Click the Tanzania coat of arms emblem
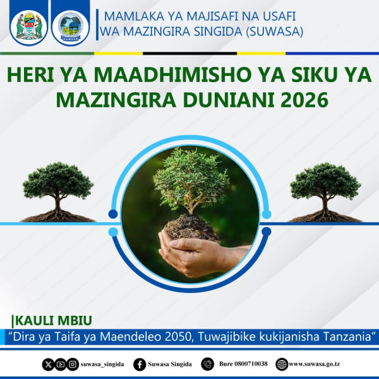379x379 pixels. tap(29, 27)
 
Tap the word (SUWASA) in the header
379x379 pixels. tap(275, 32)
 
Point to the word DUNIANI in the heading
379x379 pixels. tap(229, 100)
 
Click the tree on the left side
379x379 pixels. tap(57, 192)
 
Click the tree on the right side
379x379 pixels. tap(325, 192)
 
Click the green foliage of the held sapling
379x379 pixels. tap(191, 178)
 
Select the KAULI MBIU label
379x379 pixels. tap(52, 320)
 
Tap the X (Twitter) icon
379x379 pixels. tap(48, 364)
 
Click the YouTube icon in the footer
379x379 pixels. tap(61, 364)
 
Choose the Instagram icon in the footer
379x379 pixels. tap(73, 364)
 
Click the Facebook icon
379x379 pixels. tap(140, 364)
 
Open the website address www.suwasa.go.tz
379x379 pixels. tap(315, 364)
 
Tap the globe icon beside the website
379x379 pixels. tap(282, 364)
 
